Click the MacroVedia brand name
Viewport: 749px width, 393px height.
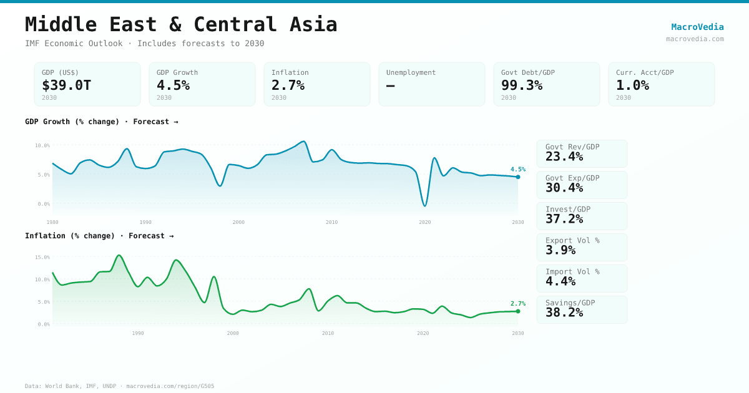tap(697, 27)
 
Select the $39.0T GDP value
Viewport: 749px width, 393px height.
tap(66, 85)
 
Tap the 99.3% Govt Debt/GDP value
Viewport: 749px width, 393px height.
tap(521, 85)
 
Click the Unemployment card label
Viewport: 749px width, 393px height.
tap(411, 72)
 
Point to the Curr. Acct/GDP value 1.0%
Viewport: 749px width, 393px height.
tap(632, 85)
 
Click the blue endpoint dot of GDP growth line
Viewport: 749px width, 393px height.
tap(517, 177)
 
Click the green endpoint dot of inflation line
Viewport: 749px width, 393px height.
tap(517, 311)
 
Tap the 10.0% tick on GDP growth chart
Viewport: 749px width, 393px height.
tap(42, 145)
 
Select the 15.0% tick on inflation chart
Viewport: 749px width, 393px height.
tap(42, 257)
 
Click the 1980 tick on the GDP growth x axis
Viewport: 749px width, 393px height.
tap(52, 222)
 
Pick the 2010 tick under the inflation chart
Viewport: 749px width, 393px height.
tap(328, 333)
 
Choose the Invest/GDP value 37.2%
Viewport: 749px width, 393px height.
tap(564, 219)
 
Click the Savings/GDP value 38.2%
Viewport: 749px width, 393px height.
tap(564, 313)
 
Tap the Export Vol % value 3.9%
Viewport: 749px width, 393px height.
tap(561, 250)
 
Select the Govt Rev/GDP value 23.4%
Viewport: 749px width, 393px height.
tap(564, 157)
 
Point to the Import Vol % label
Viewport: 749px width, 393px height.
tap(572, 271)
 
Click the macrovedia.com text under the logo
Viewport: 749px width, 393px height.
tap(695, 39)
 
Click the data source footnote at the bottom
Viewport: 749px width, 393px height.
tap(119, 386)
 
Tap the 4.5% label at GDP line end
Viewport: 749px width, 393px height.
tap(517, 169)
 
